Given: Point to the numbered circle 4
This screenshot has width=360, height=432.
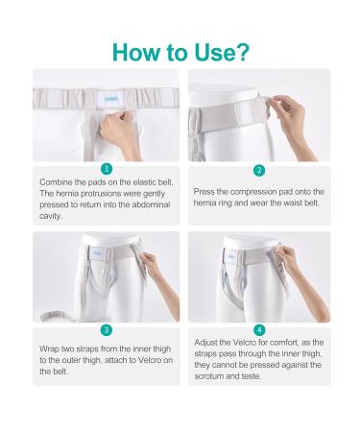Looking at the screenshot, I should point(257,330).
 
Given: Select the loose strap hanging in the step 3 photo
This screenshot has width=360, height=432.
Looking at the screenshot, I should point(48,307).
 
